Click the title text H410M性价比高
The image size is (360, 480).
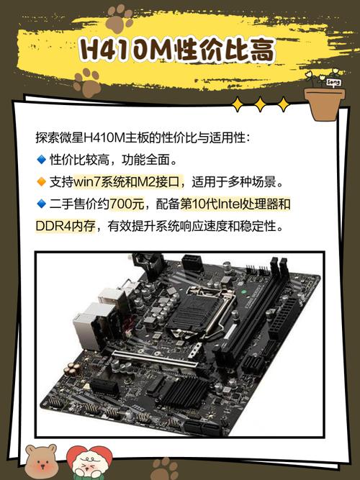177,51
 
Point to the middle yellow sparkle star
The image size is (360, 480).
259,106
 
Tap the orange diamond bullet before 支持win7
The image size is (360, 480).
40,181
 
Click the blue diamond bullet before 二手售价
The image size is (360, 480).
40,204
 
